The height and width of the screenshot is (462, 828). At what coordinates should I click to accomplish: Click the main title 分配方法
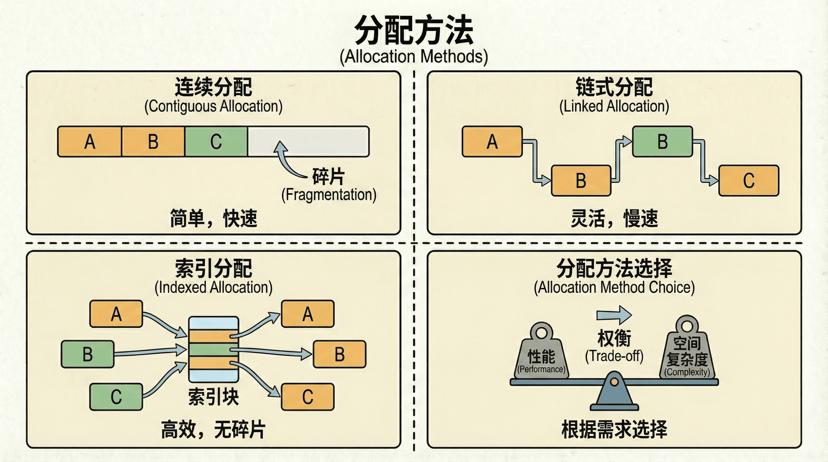414,30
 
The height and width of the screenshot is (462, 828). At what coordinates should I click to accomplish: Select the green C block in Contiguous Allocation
216,141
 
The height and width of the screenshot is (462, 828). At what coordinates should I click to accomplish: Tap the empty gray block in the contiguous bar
309,141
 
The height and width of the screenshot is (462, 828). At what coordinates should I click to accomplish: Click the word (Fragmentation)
329,195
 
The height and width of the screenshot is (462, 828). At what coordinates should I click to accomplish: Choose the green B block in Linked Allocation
662,141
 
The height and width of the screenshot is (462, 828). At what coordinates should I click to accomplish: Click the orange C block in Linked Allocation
749,180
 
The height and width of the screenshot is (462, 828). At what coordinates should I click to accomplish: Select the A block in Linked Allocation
492,141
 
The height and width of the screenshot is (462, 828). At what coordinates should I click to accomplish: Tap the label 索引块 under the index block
213,397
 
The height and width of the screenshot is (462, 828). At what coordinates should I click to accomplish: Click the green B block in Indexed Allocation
88,354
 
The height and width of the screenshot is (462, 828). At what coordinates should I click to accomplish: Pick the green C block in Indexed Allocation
116,397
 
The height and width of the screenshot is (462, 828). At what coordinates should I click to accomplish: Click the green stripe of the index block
213,350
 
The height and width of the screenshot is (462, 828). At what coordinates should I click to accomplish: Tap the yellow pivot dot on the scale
614,382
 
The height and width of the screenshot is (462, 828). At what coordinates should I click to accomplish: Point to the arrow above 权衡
614,315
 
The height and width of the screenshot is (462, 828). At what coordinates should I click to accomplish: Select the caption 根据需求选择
614,429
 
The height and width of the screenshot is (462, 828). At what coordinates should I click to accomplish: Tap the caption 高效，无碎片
213,430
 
